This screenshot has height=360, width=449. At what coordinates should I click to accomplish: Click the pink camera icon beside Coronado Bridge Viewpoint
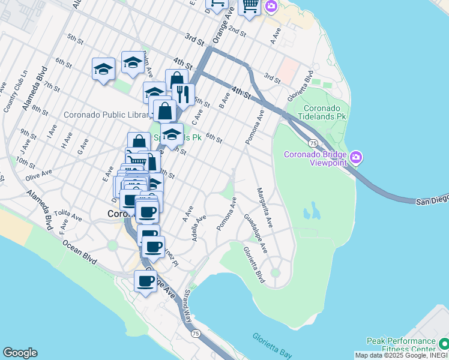[356, 157]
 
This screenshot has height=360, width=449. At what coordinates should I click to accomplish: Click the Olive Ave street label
[38, 173]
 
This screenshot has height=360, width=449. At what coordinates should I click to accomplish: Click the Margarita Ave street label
[265, 208]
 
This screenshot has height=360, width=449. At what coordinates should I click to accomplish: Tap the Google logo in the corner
[20, 353]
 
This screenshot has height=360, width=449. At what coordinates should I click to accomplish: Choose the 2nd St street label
[238, 31]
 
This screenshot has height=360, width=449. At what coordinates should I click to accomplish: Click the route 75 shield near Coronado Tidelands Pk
[313, 143]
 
